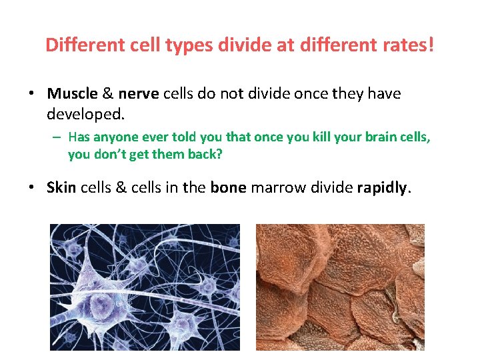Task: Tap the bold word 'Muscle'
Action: (x=72, y=93)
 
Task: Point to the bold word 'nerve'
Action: (x=139, y=93)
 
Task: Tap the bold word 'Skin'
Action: (x=62, y=188)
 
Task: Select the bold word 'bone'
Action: (x=229, y=188)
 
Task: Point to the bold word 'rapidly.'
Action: (x=385, y=188)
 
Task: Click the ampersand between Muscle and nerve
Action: (x=108, y=93)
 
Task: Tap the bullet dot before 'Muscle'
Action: (x=31, y=94)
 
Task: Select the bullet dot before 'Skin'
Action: (x=31, y=189)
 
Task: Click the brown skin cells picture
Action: (x=340, y=287)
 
